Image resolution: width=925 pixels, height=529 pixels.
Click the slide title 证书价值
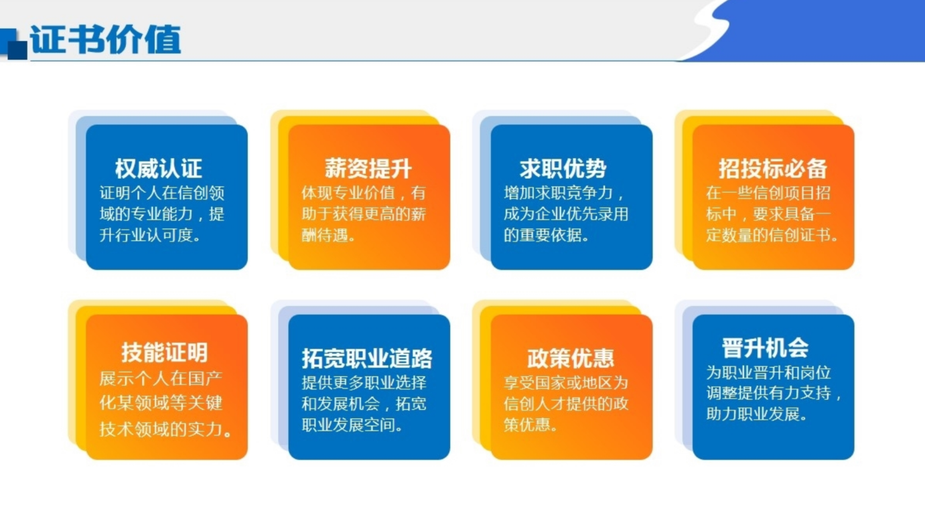tap(106, 40)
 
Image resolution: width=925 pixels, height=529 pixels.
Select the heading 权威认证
tap(159, 169)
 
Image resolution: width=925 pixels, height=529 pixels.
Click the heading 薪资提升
tap(368, 169)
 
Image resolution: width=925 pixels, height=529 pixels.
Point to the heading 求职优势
tap(563, 169)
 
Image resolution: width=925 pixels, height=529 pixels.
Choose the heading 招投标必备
tap(773, 169)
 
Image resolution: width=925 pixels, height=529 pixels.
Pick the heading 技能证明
tap(164, 352)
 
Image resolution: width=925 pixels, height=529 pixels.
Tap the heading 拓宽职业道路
tap(367, 358)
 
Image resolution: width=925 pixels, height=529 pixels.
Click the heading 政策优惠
tap(571, 358)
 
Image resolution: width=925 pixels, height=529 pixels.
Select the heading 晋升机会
tap(765, 348)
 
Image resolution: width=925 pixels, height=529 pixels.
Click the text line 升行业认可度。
tap(150, 235)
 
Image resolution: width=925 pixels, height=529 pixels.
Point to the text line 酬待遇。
tap(328, 235)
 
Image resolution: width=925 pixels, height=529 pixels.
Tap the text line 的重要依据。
tap(546, 235)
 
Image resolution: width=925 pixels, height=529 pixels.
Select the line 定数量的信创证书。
tap(772, 235)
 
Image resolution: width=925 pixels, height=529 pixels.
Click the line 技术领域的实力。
tap(165, 429)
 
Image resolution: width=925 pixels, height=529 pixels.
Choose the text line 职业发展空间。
tap(352, 425)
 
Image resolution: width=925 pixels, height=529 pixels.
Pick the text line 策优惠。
tap(530, 425)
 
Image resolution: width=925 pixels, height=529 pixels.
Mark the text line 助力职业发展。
tap(756, 413)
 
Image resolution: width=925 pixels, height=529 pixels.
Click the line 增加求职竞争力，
tap(564, 193)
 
